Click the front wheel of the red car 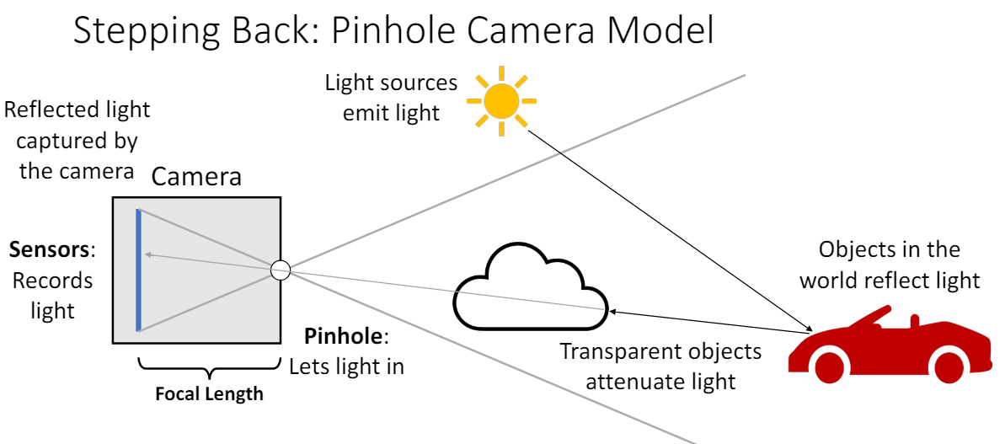tap(830, 366)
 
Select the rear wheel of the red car tap(949, 367)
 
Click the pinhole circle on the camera tap(281, 270)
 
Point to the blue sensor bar tap(139, 270)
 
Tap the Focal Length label tap(209, 393)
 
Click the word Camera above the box tap(196, 177)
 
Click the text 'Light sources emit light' tap(391, 97)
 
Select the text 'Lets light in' tap(346, 366)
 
